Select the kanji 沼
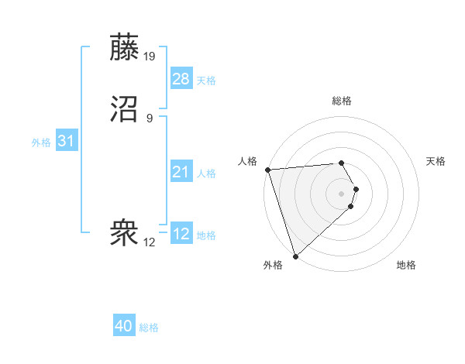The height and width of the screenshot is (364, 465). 125,108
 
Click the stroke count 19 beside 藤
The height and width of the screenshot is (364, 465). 150,57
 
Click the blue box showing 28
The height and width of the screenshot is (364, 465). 181,79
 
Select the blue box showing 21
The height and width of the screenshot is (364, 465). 181,172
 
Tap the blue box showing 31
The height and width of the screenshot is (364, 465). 66,141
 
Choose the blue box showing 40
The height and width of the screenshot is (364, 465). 124,327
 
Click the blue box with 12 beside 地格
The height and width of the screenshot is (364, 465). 181,234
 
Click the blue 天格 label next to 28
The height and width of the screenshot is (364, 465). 206,81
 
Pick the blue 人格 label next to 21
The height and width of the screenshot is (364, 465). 206,173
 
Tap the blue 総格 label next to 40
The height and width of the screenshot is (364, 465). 149,328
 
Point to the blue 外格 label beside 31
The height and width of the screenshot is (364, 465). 41,143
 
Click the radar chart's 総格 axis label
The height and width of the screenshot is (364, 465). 342,101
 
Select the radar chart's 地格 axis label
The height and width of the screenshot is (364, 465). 406,265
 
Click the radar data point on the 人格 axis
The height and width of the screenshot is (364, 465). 267,170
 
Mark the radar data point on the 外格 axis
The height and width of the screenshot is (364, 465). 295,255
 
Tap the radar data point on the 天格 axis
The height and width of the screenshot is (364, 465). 356,188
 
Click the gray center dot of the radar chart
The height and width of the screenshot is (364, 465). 342,193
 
